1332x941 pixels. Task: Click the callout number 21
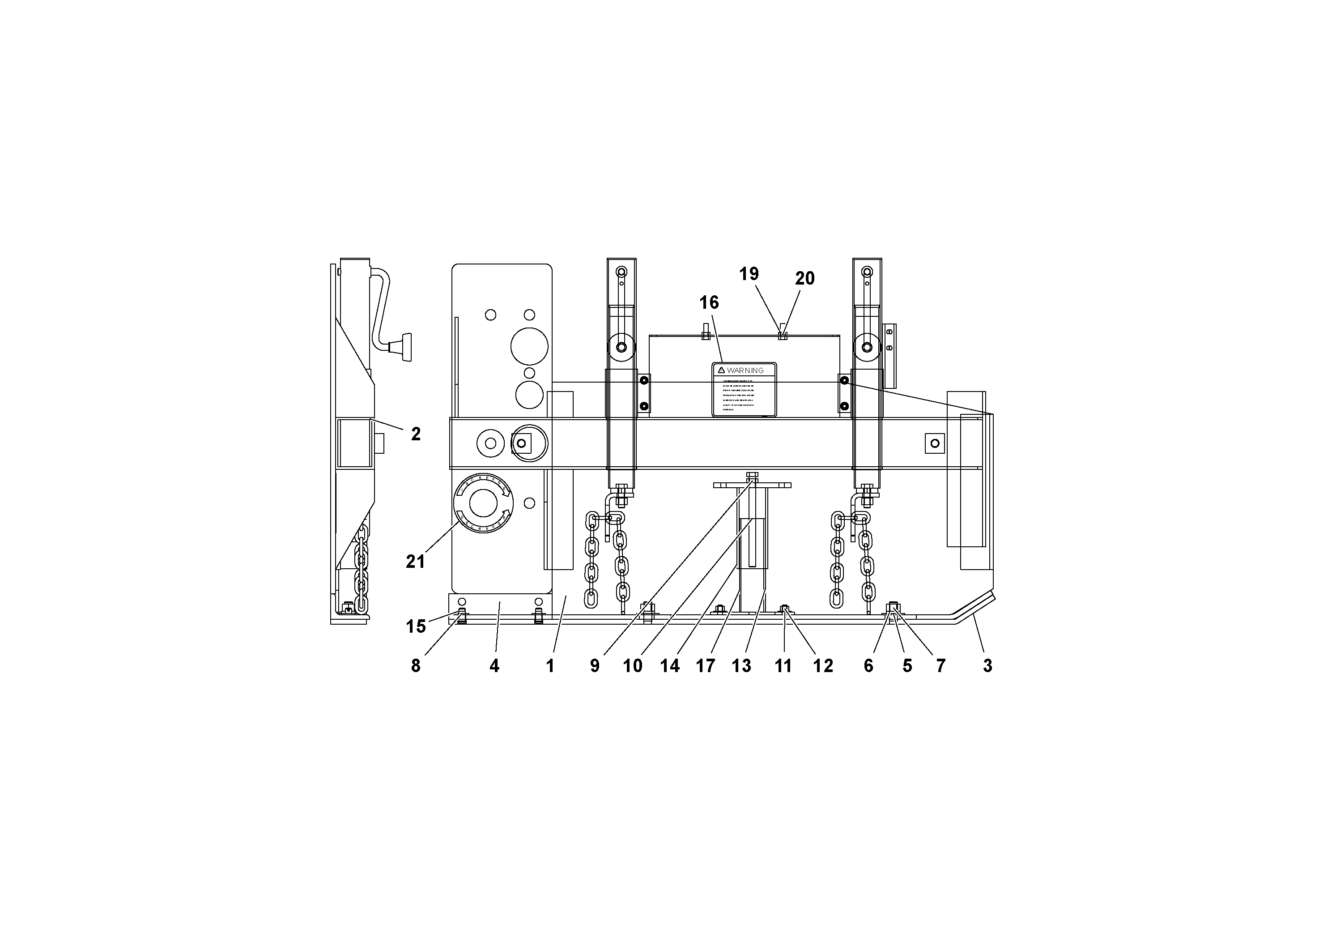[415, 561]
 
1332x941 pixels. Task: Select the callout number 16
[709, 302]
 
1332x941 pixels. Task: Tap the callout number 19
[749, 274]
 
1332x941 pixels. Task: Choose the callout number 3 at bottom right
[987, 666]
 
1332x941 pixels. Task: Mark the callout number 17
[706, 666]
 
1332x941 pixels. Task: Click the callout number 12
[823, 666]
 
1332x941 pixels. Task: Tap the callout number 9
[595, 666]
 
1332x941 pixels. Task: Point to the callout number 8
[415, 666]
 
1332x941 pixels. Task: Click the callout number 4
[494, 666]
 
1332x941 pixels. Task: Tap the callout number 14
[669, 666]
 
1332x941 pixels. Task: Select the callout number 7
[941, 666]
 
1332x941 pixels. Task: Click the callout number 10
[633, 666]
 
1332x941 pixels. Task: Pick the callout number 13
[741, 666]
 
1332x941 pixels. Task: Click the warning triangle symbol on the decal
[721, 370]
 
